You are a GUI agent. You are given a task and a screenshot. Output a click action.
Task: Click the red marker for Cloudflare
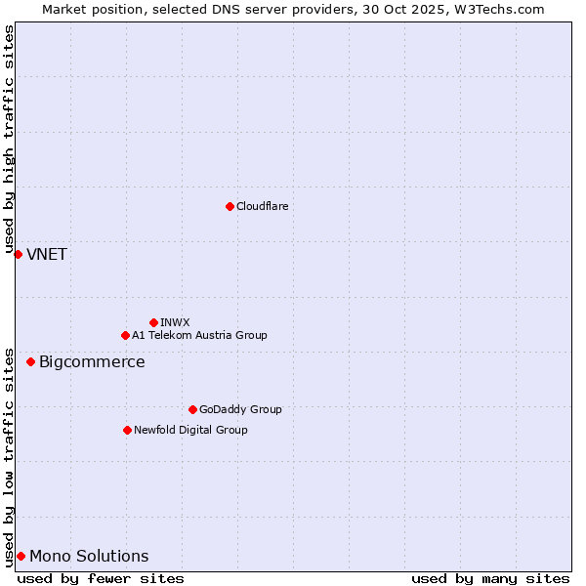tap(230, 206)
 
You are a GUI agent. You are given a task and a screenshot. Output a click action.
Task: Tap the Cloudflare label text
tap(262, 206)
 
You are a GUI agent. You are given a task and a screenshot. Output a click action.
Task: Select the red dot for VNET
tap(18, 254)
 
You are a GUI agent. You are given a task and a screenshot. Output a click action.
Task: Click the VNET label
tap(47, 255)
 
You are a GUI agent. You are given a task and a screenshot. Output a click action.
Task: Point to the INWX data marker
tap(153, 322)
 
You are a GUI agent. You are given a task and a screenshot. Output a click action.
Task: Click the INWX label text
tap(175, 322)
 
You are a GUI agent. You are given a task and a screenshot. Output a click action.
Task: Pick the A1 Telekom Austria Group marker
tap(125, 335)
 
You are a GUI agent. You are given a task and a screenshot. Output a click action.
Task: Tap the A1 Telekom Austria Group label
tap(199, 335)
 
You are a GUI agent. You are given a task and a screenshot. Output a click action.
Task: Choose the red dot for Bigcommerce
tap(30, 361)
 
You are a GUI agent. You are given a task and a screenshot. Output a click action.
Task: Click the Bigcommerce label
tap(92, 362)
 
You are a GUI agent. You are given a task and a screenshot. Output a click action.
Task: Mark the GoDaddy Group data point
tap(192, 409)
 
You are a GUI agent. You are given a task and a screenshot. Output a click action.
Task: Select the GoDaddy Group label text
tap(240, 409)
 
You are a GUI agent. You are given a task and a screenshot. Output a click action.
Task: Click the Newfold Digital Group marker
tap(127, 430)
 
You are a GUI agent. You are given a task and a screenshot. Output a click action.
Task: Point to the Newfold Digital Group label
tap(190, 430)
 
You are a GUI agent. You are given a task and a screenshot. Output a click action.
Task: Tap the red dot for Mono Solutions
tap(21, 556)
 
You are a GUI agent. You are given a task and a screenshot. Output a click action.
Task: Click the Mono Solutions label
tap(89, 557)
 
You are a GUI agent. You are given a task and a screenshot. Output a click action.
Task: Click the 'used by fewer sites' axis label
tap(101, 578)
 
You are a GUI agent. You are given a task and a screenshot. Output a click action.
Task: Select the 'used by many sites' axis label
tap(490, 578)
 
